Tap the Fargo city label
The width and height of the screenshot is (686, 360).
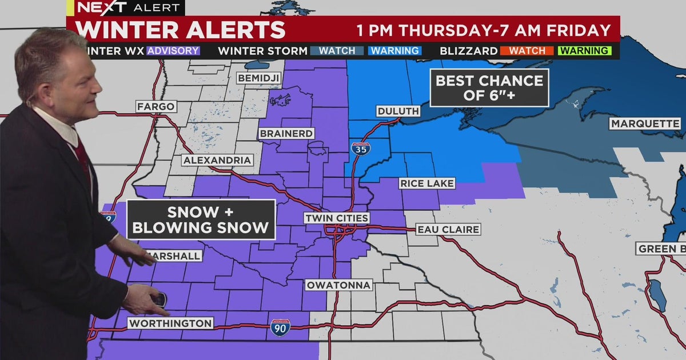coord(155,106)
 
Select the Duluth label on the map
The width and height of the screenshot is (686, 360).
coord(398,111)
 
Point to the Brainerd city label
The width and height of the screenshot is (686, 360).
coord(286,133)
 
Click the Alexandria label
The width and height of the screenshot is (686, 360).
coord(218,160)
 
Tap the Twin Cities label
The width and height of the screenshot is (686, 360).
coord(336,218)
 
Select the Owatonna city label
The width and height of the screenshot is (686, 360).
coord(338,285)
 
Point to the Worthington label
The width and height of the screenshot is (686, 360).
coord(170,323)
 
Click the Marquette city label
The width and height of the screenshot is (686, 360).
coord(645,123)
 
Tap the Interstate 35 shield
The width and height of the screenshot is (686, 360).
coord(360,148)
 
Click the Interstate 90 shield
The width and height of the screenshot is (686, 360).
coord(280,327)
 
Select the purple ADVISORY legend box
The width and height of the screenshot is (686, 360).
coord(173,50)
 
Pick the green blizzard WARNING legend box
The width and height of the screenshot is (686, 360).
coord(585,50)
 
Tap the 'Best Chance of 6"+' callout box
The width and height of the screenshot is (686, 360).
coord(489,87)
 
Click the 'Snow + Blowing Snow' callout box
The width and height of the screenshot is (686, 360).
coord(201,219)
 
